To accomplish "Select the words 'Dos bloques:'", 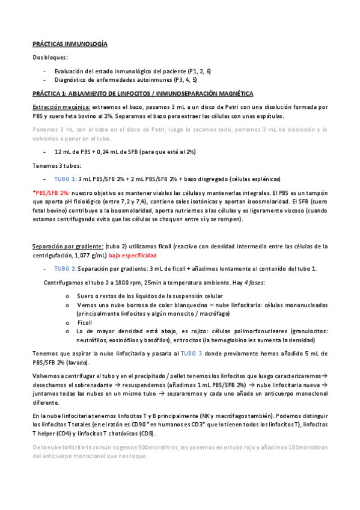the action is pos(50,57).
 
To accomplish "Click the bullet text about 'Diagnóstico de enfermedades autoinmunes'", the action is pos(125,79).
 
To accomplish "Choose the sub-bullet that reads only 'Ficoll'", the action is pos(85,322).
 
